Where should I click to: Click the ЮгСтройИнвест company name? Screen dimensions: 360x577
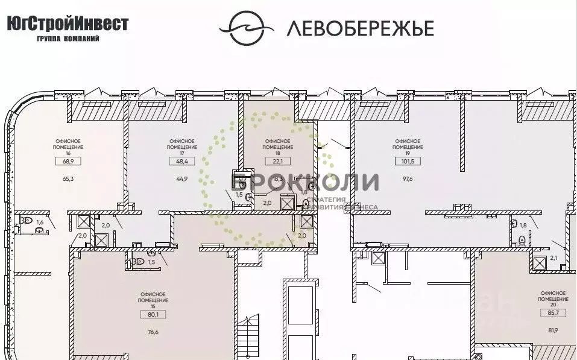point(68,24)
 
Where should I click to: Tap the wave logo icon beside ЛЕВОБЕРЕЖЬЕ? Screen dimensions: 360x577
point(244,27)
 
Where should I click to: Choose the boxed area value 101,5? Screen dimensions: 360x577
point(407,161)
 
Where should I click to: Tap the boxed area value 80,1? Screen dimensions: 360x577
point(151,314)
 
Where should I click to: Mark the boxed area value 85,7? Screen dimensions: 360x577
point(553,312)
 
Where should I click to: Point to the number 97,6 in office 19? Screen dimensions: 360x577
point(407,179)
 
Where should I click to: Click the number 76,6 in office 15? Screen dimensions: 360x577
point(151,332)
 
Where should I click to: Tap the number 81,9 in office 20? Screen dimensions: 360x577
point(553,330)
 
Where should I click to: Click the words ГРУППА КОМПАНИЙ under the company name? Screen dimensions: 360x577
point(68,38)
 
